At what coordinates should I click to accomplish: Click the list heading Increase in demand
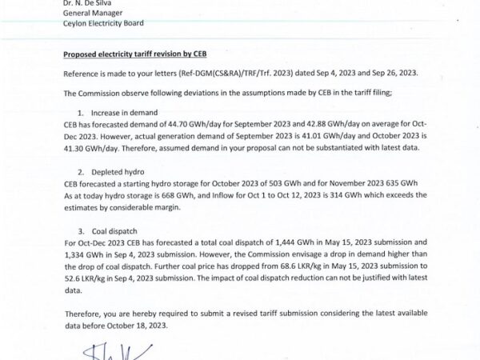coord(126,114)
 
